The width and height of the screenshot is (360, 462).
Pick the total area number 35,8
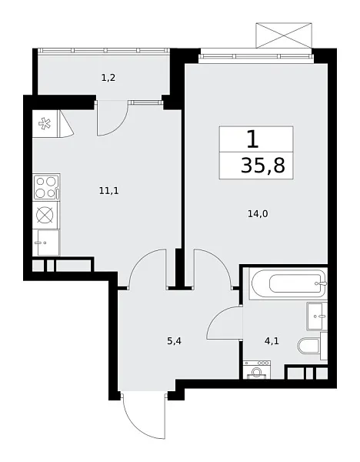click(x=257, y=165)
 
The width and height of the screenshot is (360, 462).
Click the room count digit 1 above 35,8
click(x=252, y=139)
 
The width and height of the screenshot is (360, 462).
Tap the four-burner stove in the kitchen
click(x=46, y=187)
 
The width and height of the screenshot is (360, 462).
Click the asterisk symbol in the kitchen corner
click(x=43, y=123)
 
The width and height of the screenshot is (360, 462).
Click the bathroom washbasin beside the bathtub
click(x=318, y=316)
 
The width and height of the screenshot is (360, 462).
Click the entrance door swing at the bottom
click(x=144, y=415)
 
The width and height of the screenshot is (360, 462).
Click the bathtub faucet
click(x=319, y=284)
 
